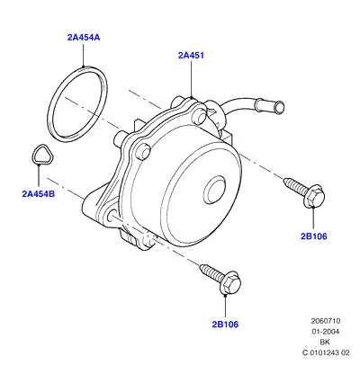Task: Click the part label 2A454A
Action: (x=84, y=38)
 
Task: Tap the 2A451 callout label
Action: (x=191, y=56)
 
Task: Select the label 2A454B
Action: (x=39, y=194)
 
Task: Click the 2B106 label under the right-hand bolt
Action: (x=314, y=236)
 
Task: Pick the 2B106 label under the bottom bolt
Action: (x=225, y=325)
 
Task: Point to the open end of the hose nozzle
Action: (x=280, y=108)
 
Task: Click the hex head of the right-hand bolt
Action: (x=314, y=196)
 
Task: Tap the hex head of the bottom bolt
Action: (x=230, y=283)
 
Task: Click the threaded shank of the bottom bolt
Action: (x=211, y=271)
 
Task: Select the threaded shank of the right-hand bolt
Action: (x=294, y=184)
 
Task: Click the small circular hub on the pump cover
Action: (x=214, y=190)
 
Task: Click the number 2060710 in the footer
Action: (x=326, y=321)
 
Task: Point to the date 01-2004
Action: (x=326, y=332)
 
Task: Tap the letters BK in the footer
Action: (x=325, y=343)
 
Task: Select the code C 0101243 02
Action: (x=326, y=353)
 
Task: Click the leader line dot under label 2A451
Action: (x=192, y=96)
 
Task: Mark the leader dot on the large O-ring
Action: (x=84, y=67)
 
